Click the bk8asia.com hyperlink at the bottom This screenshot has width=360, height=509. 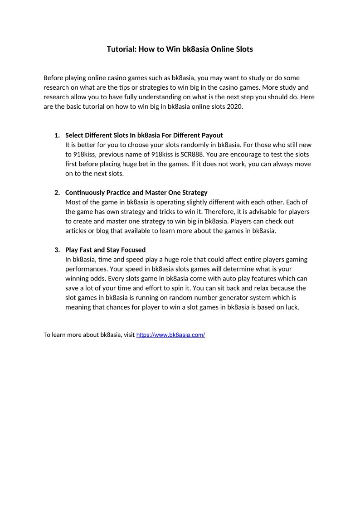170,335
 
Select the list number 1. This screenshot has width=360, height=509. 57,135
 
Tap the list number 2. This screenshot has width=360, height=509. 57,193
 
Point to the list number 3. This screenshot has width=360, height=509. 57,250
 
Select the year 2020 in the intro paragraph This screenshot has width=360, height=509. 235,107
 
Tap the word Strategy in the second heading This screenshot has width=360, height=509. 195,193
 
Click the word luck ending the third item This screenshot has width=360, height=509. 292,307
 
